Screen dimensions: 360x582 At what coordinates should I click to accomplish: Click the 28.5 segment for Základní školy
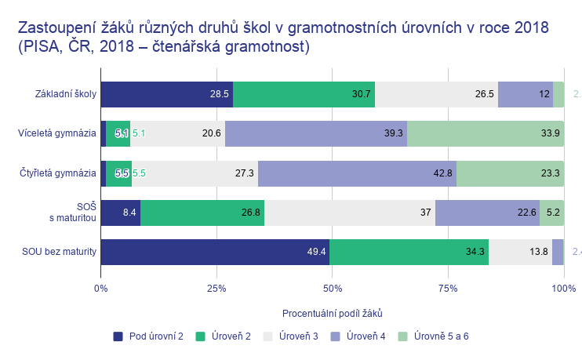point(167,94)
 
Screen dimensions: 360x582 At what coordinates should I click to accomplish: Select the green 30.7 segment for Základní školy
point(304,94)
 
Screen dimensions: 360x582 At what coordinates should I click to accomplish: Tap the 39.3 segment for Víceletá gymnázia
point(316,133)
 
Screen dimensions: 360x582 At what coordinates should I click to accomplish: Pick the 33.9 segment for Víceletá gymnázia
point(485,133)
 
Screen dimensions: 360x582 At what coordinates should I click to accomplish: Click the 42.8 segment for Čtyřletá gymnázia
point(357,173)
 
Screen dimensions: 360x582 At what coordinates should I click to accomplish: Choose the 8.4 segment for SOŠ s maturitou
point(121,213)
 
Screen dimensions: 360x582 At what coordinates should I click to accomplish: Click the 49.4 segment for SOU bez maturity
point(215,252)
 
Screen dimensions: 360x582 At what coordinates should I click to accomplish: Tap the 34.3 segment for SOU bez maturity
point(409,252)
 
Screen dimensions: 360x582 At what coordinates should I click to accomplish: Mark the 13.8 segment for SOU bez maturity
point(520,252)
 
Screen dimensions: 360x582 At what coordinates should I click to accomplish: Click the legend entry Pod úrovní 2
point(149,336)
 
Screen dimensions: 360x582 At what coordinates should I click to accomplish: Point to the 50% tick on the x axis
point(332,289)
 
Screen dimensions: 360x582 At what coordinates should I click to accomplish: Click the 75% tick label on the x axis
point(448,289)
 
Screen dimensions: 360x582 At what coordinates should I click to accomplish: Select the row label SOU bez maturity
point(60,252)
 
